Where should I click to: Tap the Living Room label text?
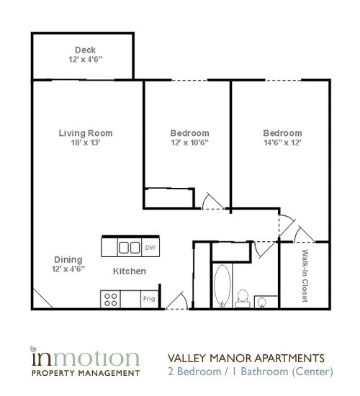[86, 133]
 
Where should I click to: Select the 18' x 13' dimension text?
[86, 143]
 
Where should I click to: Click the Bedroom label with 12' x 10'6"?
[189, 133]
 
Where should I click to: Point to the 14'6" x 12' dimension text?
[282, 143]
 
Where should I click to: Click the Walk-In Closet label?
[305, 276]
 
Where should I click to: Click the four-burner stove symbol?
[111, 298]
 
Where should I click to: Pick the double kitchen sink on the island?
[129, 248]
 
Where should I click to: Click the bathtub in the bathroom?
[222, 286]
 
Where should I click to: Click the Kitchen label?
[130, 271]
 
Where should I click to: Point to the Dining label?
[68, 259]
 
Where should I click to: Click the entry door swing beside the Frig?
[175, 301]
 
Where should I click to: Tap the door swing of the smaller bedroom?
[212, 201]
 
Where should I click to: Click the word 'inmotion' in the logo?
[84, 358]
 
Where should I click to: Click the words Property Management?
[84, 373]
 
